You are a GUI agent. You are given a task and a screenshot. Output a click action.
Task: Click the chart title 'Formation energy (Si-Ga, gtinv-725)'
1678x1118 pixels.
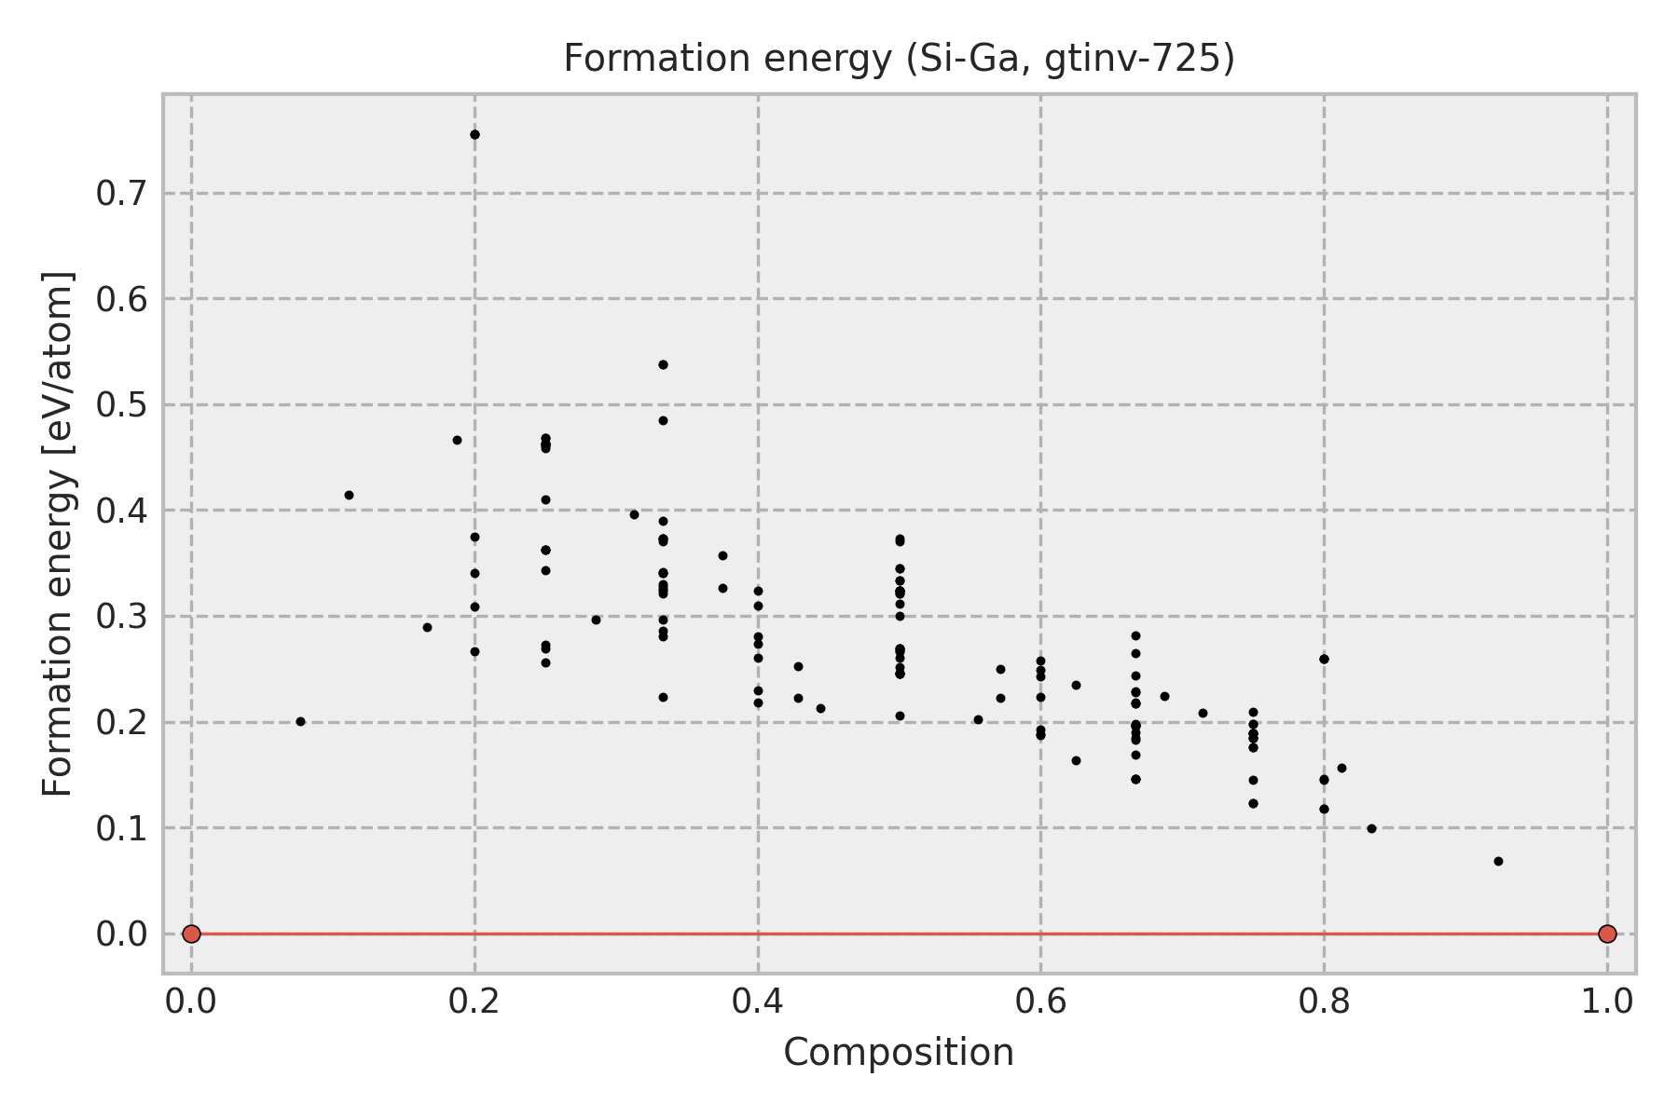tap(899, 60)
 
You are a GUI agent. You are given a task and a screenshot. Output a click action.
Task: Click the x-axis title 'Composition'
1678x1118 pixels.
tap(899, 1053)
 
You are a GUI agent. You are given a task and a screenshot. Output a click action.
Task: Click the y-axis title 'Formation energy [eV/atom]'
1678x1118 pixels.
tap(59, 534)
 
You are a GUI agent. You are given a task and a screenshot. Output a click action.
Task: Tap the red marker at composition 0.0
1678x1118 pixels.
tap(191, 934)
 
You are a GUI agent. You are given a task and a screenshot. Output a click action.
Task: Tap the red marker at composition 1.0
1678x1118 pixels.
tap(1607, 934)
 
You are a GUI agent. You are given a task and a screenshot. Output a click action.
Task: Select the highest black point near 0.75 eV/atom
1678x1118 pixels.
tap(475, 135)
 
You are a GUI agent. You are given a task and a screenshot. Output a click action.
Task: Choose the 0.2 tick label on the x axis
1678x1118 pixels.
tap(475, 1002)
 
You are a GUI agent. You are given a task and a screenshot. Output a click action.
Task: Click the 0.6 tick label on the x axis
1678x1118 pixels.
tap(1040, 1002)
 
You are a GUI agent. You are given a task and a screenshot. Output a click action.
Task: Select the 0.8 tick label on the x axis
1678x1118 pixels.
tap(1324, 1002)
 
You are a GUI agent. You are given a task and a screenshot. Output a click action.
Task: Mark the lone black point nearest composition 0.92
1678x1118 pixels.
tap(1498, 862)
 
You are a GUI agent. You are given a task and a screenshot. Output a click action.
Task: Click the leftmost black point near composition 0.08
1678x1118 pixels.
tap(300, 722)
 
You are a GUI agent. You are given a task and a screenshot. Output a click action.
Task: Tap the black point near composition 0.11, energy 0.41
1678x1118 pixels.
tap(349, 496)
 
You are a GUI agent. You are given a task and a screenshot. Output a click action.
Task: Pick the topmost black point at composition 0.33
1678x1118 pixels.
tap(663, 364)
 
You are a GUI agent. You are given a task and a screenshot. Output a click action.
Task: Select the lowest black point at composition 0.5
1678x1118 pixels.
tap(900, 716)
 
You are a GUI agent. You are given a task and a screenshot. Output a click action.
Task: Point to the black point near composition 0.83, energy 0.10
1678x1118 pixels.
tap(1371, 828)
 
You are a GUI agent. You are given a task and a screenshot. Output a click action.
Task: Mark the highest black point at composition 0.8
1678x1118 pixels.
tap(1324, 659)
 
